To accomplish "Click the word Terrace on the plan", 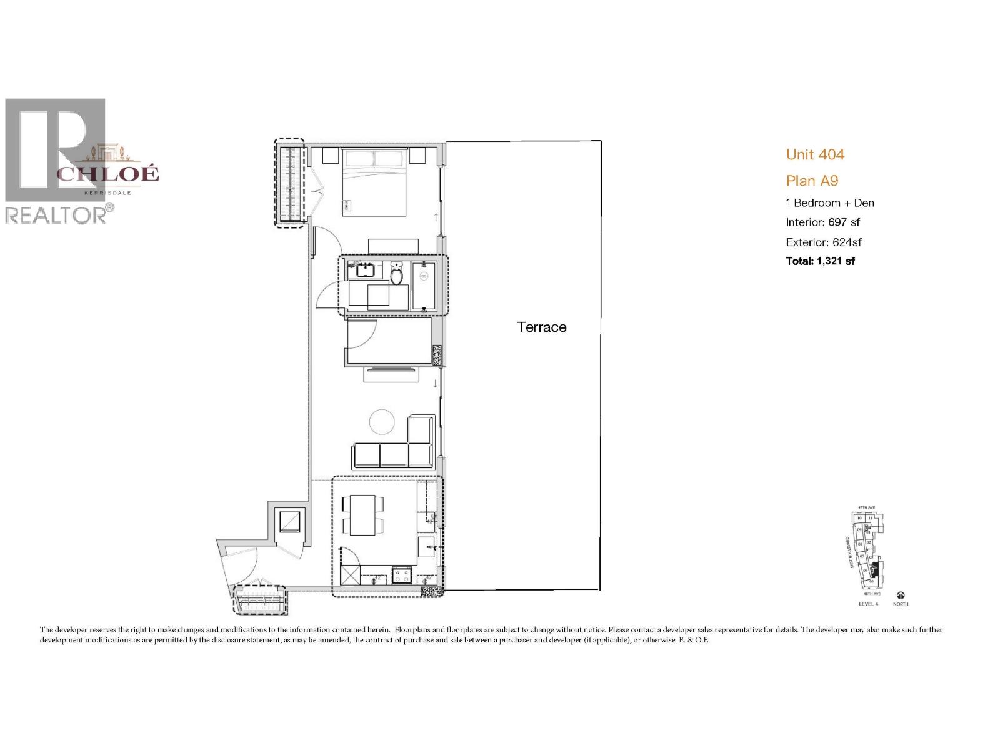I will click(542, 327).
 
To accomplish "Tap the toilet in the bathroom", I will click(396, 272).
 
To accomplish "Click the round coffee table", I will click(382, 422).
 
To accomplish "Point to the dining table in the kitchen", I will click(362, 515).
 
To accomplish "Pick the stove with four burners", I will click(401, 575).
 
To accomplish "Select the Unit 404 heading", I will click(815, 154).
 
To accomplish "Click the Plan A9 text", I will click(812, 181).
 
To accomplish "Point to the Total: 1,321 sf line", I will click(820, 261).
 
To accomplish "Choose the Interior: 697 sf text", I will click(823, 222).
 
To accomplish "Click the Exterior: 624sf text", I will click(824, 242).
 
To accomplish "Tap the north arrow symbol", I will click(901, 596).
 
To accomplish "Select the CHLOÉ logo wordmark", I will click(108, 173).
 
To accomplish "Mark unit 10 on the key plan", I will click(860, 518).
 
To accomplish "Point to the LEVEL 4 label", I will click(869, 604).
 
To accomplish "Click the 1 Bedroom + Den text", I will click(830, 202).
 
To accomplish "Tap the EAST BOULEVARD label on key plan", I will click(847, 552).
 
